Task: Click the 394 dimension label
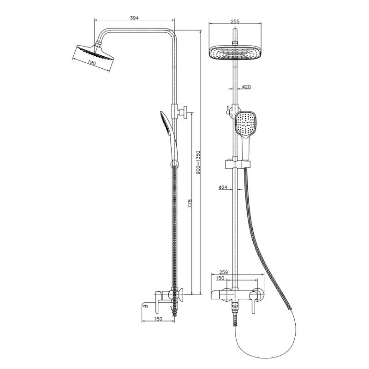point(134,18)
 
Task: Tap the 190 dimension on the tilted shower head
point(92,63)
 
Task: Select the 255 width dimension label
point(235,21)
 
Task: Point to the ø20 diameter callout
point(246,87)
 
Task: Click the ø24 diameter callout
point(223,187)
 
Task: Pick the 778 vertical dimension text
point(190,203)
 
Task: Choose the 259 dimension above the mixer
point(224,272)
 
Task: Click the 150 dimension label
point(220,278)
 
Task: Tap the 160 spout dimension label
point(158,319)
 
